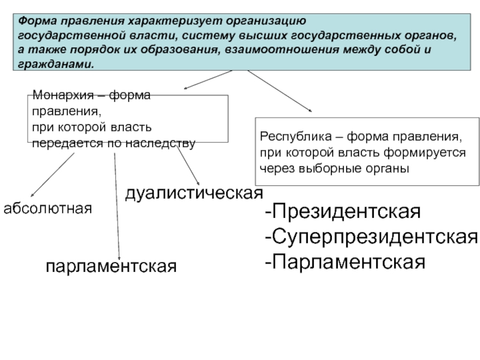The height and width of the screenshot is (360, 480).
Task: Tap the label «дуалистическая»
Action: pyautogui.click(x=193, y=193)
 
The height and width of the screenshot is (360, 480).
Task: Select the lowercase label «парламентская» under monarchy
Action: pyautogui.click(x=112, y=265)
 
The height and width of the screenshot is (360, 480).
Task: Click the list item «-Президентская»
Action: pyautogui.click(x=343, y=212)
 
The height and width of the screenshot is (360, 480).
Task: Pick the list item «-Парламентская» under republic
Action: pyautogui.click(x=346, y=262)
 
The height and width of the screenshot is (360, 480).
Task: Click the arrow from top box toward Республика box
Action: pyautogui.click(x=280, y=91)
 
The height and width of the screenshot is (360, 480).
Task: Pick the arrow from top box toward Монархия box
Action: pyautogui.click(x=207, y=80)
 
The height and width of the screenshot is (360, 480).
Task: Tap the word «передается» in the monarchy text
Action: pyautogui.click(x=61, y=143)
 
